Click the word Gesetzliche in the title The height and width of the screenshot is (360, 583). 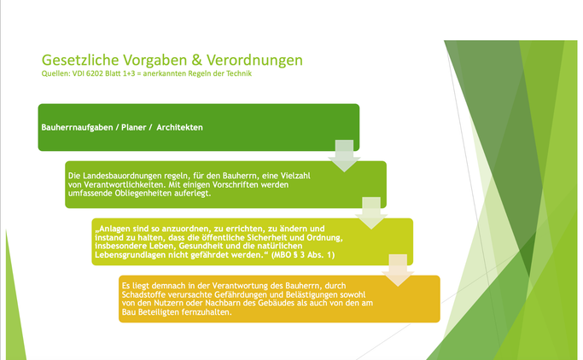(80, 61)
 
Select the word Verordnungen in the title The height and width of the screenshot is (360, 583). (254, 61)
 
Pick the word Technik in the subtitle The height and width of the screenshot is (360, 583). (239, 73)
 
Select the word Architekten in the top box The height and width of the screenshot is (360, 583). (179, 127)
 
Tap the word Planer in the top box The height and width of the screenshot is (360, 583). (133, 127)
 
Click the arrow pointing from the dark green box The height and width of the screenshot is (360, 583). (344, 156)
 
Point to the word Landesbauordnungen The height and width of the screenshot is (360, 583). (122, 176)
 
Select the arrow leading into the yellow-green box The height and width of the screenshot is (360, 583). (371, 213)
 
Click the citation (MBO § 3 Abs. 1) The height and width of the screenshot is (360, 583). (303, 255)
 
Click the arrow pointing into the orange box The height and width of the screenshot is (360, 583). (398, 270)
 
